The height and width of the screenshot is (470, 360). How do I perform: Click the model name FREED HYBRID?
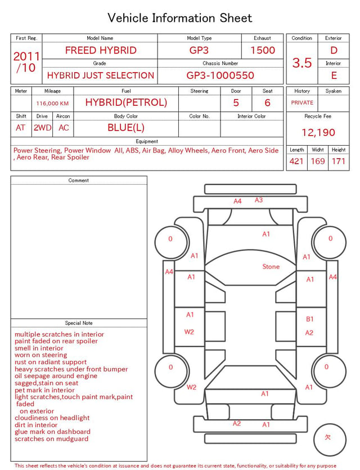[x=101, y=50]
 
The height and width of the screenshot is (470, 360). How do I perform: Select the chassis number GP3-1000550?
[x=220, y=75]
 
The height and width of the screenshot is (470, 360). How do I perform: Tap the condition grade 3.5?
[x=302, y=62]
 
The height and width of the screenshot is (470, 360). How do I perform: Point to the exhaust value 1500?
[x=263, y=50]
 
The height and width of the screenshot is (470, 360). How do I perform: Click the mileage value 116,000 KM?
[x=52, y=104]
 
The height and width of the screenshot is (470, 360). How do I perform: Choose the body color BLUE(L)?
[x=126, y=128]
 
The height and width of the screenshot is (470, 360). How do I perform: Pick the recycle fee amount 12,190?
[x=318, y=132]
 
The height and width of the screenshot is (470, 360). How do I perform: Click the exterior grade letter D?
[x=334, y=50]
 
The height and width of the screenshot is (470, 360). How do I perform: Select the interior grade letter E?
[x=334, y=75]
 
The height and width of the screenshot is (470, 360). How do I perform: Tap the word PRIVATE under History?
[x=302, y=102]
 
